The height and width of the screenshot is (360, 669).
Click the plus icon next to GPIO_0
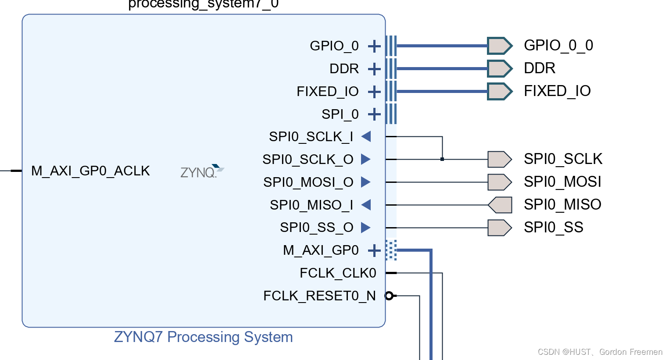pos(374,46)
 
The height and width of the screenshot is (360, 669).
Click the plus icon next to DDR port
pos(374,69)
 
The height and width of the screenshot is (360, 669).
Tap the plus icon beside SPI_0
pos(374,114)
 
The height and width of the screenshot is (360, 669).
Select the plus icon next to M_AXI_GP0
pos(374,251)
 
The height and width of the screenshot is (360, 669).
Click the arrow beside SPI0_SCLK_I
pos(366,137)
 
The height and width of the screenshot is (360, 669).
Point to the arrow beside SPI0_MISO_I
pos(366,205)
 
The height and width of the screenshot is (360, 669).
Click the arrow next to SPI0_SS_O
pos(366,228)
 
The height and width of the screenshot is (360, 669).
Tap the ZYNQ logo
pos(202,171)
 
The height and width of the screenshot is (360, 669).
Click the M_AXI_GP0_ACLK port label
pos(90,171)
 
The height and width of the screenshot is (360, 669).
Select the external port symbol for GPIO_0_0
pos(499,46)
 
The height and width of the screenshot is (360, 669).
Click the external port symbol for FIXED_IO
pos(499,91)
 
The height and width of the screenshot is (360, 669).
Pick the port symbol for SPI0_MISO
pos(500,205)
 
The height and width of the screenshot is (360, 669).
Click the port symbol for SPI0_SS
pos(499,228)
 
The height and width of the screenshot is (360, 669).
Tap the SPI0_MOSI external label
pos(562,182)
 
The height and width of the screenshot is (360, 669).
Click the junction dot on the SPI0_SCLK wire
pos(442,159)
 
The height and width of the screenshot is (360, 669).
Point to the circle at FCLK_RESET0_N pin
pos(389,296)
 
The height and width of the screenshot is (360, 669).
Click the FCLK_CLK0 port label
pos(337,273)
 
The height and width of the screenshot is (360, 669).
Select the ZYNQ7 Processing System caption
pos(203,337)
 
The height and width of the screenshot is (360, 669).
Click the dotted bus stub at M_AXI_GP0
pos(391,250)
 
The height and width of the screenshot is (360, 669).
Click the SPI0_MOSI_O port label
pos(308,182)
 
